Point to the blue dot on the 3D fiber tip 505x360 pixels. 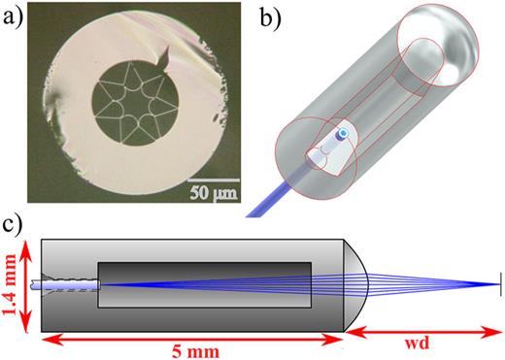[341, 133]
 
